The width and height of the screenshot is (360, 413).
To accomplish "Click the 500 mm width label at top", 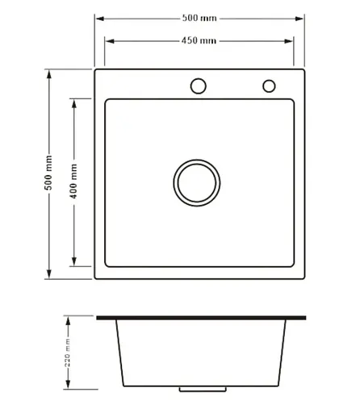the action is (x=199, y=18).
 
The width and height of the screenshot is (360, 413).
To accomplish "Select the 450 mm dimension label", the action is (x=199, y=40).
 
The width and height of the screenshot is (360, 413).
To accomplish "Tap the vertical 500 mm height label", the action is (x=48, y=173).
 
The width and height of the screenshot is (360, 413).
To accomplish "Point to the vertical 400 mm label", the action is (x=73, y=181).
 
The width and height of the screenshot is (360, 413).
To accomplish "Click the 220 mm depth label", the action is (x=67, y=353).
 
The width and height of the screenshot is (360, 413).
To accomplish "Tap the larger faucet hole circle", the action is (x=199, y=86).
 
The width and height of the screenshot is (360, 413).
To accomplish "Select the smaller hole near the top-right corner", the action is (x=269, y=86).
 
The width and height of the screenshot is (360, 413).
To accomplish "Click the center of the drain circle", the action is (x=197, y=183).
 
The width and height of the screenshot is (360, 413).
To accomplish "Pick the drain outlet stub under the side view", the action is (x=203, y=390).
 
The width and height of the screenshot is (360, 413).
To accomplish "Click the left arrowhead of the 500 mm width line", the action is (x=100, y=19).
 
